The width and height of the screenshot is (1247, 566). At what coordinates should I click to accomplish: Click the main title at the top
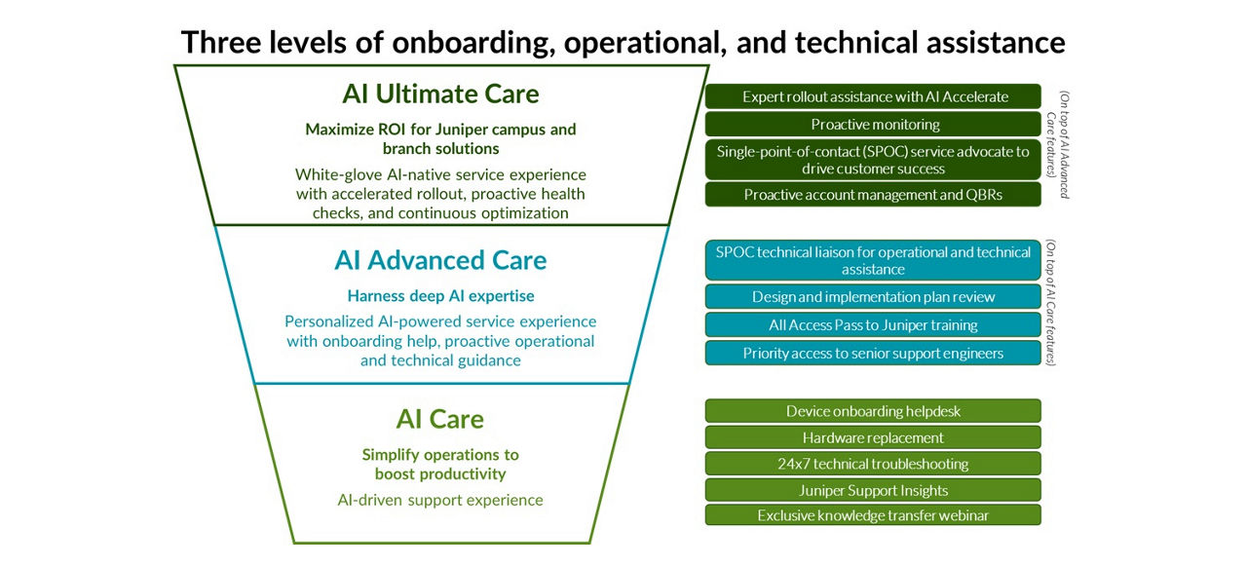tap(623, 42)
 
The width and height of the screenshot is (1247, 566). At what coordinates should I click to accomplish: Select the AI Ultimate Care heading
tap(440, 94)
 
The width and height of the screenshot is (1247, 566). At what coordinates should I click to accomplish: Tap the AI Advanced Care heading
tap(440, 260)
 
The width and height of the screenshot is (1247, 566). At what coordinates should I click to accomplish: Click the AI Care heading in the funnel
tap(440, 419)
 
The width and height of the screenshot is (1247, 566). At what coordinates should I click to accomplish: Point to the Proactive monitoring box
tap(874, 124)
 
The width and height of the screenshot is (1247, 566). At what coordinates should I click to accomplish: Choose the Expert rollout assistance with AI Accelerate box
tap(874, 96)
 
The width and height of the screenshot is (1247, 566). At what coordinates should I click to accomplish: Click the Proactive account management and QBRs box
tap(874, 195)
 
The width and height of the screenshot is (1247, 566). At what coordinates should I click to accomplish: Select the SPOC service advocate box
tap(874, 160)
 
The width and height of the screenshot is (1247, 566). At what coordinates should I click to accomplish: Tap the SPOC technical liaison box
tap(874, 260)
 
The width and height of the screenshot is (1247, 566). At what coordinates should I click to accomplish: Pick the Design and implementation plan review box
tap(874, 297)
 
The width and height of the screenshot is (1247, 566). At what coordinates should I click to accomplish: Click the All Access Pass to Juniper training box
tap(874, 325)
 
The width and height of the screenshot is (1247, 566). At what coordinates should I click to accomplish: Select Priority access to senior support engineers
tap(874, 353)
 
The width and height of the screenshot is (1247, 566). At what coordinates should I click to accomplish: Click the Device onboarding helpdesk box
tap(874, 411)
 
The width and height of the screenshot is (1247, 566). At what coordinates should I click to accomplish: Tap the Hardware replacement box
tap(874, 437)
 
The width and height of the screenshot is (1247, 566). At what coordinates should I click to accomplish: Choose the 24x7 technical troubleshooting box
tap(874, 464)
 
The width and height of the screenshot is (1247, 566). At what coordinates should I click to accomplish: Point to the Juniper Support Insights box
tap(874, 490)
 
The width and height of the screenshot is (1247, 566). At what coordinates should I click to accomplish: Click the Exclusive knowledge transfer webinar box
tap(874, 515)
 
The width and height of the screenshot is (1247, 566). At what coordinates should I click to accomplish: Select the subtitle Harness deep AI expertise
tap(440, 296)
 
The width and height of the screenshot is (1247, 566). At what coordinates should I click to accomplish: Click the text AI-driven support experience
tap(440, 500)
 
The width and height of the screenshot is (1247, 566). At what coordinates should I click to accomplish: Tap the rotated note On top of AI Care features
tap(1052, 303)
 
